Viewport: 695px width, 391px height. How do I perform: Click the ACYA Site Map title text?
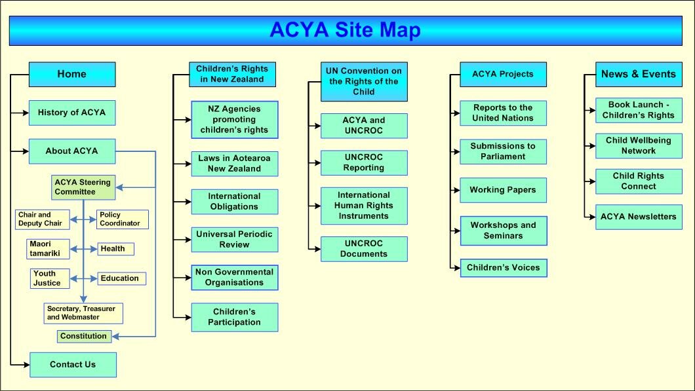click(345, 30)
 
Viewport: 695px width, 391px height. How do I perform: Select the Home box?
click(72, 75)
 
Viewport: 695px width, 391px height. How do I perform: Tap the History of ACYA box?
click(72, 113)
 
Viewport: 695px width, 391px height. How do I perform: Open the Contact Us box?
click(73, 365)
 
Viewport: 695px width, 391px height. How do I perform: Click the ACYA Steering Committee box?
click(83, 187)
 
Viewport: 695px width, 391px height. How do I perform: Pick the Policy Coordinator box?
click(123, 219)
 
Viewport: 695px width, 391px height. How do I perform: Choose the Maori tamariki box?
click(48, 249)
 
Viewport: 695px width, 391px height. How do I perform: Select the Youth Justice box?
click(50, 278)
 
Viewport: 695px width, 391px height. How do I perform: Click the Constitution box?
click(84, 337)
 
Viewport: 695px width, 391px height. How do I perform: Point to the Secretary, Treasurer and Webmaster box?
click(83, 313)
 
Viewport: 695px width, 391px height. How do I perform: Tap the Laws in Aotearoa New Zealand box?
click(235, 164)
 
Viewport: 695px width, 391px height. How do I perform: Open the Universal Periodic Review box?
click(235, 240)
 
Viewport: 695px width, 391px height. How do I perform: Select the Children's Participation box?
click(235, 318)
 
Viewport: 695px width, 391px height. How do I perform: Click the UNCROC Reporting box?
click(364, 163)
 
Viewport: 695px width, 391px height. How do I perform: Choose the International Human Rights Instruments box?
click(364, 206)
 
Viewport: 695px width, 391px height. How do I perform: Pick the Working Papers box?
click(503, 191)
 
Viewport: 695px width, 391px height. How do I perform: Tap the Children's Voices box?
click(504, 268)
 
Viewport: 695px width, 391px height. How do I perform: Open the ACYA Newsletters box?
click(639, 217)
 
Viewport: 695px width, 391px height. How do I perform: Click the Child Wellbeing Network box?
click(639, 145)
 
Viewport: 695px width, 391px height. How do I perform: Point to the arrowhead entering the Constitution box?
click(115, 337)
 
